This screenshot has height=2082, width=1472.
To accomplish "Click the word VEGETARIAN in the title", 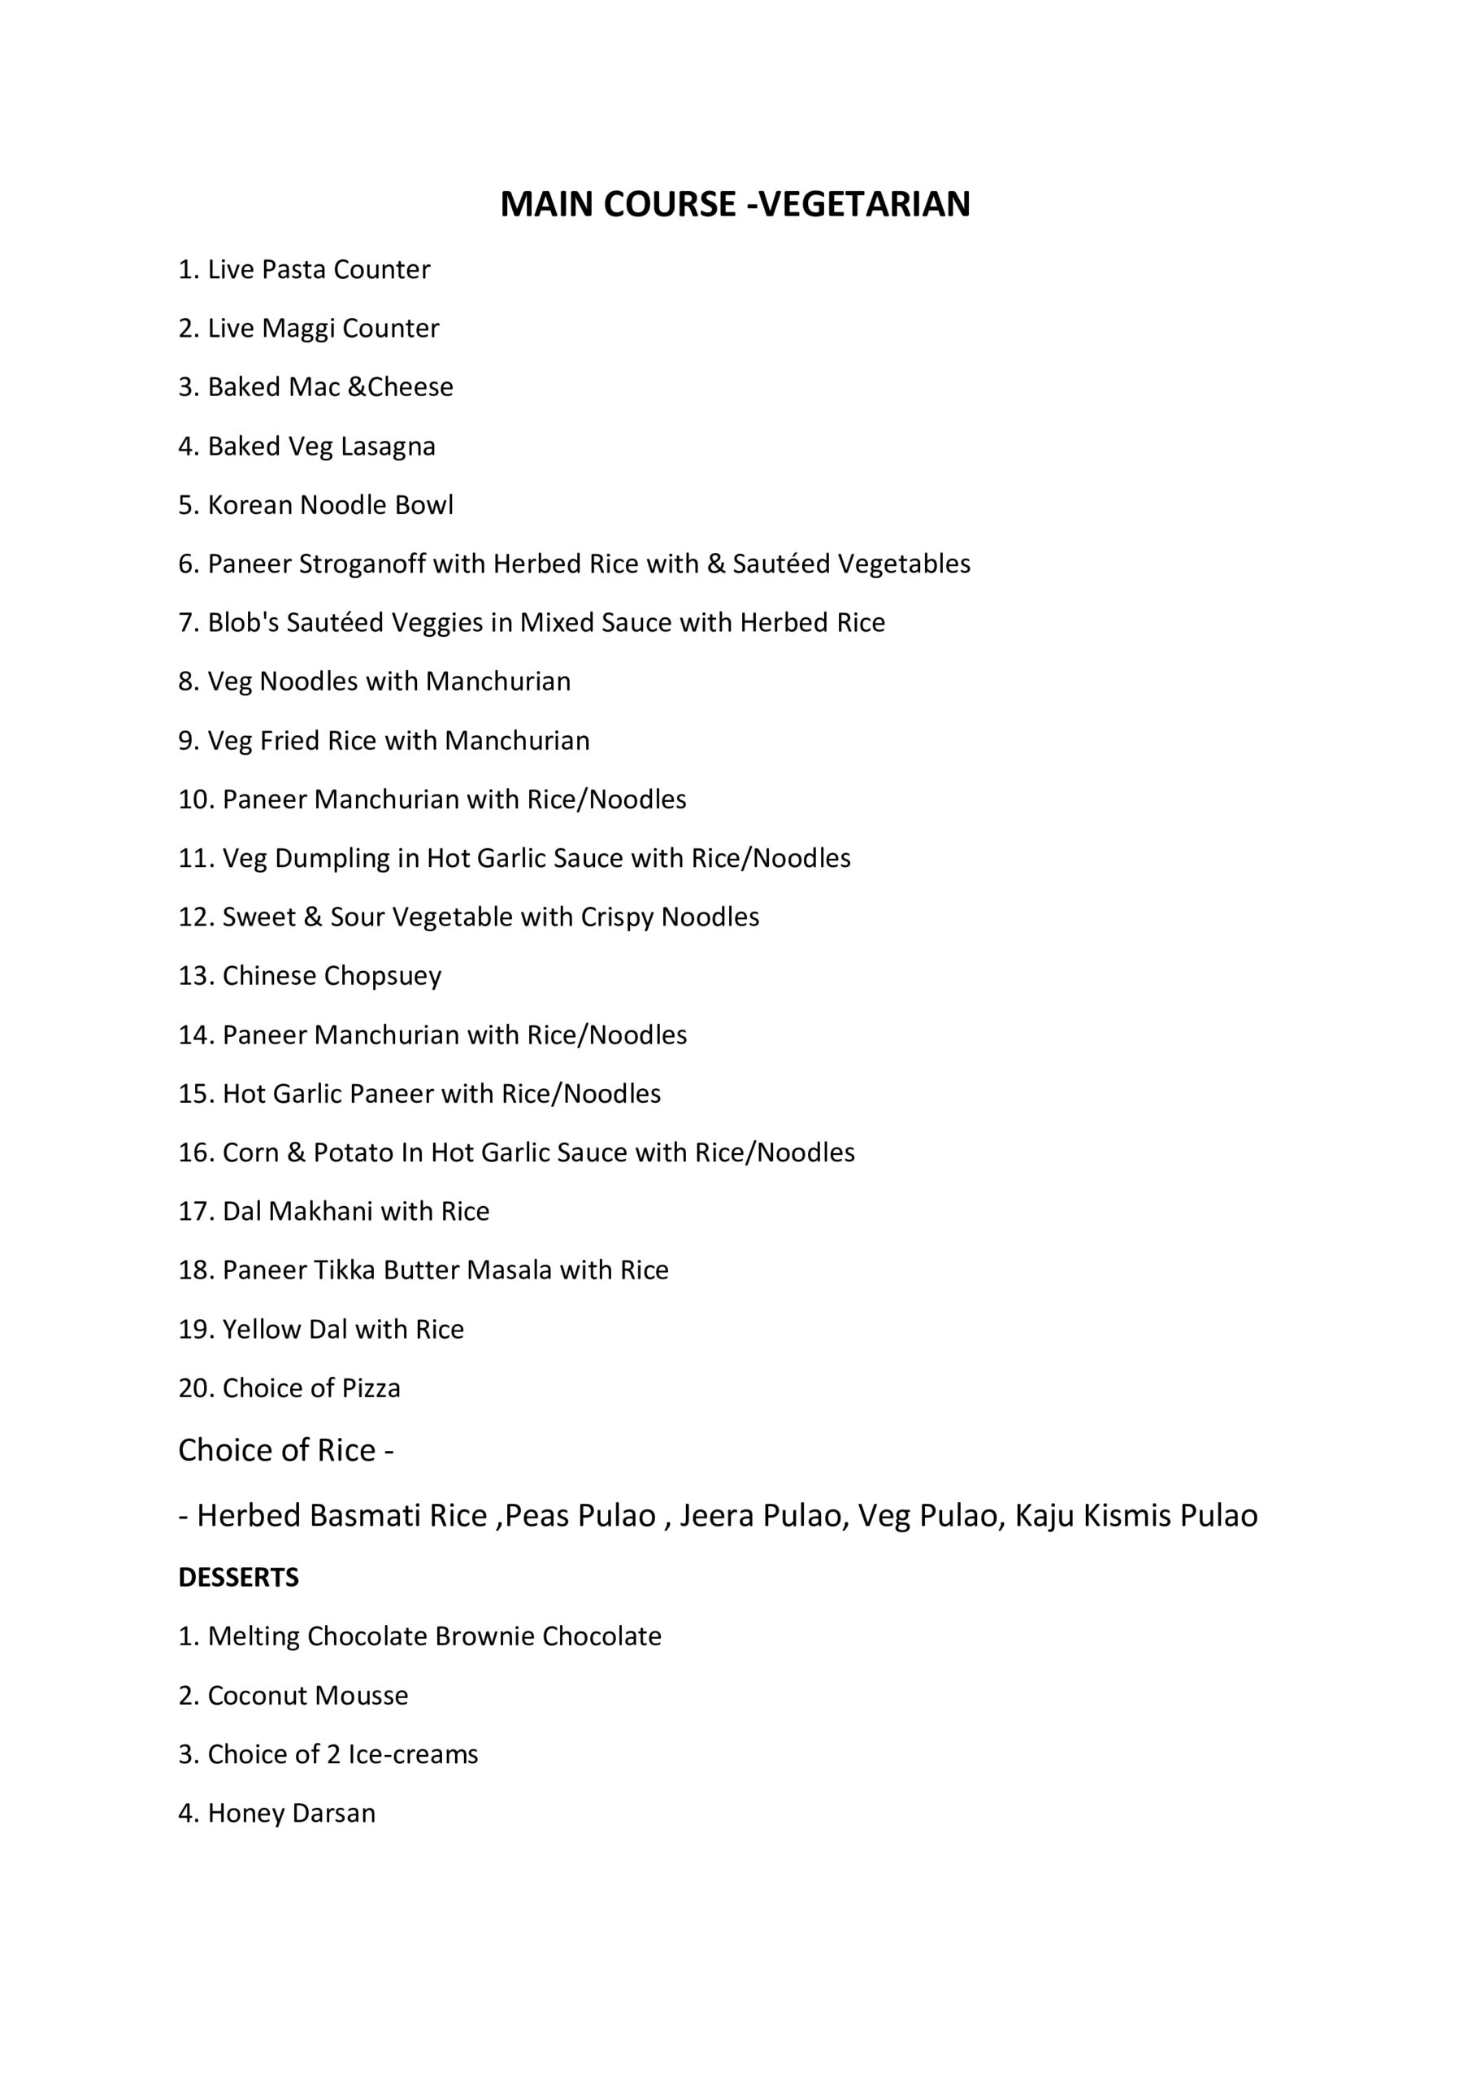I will pos(864,205).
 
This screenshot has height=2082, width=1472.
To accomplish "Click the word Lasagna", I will pos(388,446).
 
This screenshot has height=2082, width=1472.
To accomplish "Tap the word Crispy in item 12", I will pos(617,917).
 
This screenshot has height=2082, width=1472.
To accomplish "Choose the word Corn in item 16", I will pos(250,1152).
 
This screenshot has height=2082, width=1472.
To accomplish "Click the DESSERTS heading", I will pos(238,1578).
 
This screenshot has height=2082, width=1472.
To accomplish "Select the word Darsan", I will pos(333,1814).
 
